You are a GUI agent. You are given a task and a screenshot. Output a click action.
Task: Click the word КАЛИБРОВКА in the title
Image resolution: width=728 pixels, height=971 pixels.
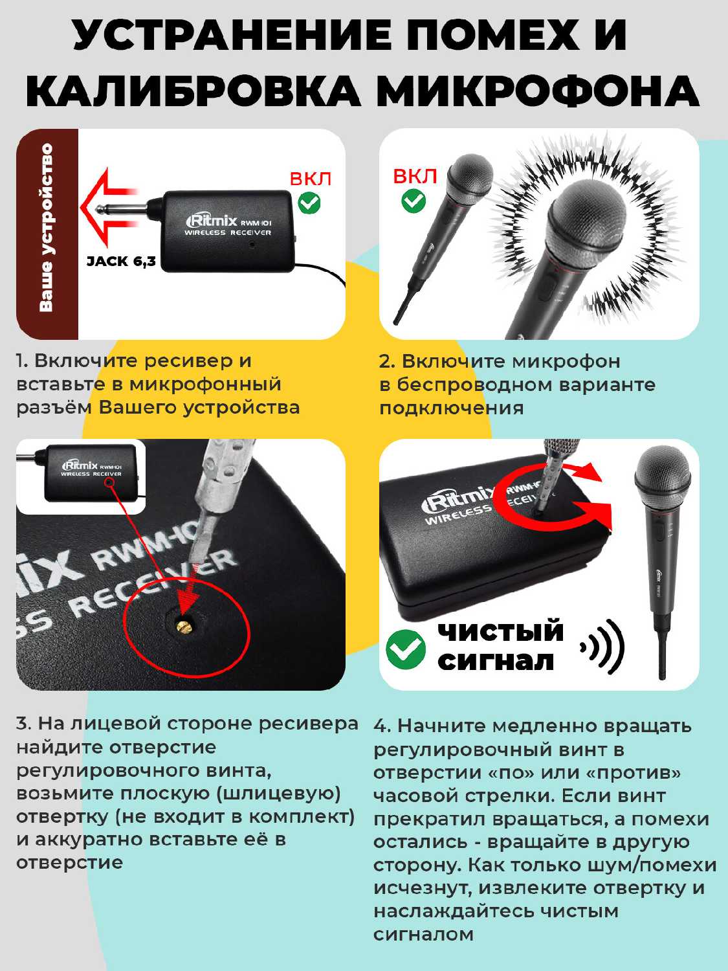point(193,91)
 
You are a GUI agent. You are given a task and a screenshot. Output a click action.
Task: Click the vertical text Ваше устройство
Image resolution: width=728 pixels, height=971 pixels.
point(46,227)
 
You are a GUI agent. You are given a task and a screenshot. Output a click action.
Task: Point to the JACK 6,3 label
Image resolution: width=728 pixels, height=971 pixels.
point(121,262)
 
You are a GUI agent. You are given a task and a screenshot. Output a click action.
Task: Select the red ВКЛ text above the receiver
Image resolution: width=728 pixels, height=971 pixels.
point(311,179)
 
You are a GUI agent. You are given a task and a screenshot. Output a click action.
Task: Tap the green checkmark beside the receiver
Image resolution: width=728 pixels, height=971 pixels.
point(309,203)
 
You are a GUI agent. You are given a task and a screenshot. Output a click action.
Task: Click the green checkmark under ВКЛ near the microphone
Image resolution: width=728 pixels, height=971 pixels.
point(414,201)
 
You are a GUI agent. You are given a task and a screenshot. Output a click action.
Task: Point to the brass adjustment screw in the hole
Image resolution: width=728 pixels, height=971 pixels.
point(183,625)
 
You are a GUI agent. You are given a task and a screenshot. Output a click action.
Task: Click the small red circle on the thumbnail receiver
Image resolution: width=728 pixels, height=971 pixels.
point(112,482)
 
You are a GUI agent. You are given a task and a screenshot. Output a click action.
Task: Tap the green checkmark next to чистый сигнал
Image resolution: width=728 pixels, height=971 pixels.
point(405,649)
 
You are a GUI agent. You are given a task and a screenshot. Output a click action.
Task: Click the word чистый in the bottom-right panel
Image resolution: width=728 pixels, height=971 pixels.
point(500,630)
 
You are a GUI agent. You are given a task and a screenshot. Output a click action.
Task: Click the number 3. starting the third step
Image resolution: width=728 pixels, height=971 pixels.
point(23,723)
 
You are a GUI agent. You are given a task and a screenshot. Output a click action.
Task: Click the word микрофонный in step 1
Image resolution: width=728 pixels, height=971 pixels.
point(205,384)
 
